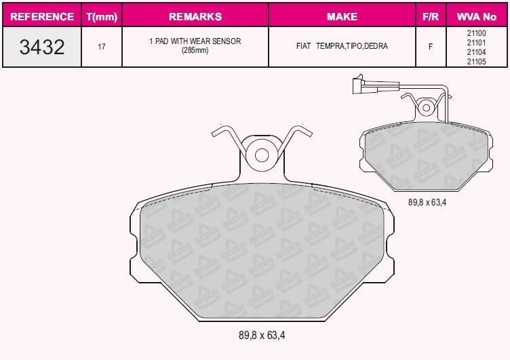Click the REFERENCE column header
pos(41,16)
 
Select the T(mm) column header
pos(101,16)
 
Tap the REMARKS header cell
pos(195,16)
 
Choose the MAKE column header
pos(342,16)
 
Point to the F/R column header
pos(431,16)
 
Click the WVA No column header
pos(477,16)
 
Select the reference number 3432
pos(41,47)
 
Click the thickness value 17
pos(102,47)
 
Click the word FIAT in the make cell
pos(303,47)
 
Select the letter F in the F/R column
pos(431,47)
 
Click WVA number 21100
pos(477,32)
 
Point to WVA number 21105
pos(477,61)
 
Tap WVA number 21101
pos(477,41)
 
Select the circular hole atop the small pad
pos(426,106)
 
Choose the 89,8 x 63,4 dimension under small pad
pos(427,201)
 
